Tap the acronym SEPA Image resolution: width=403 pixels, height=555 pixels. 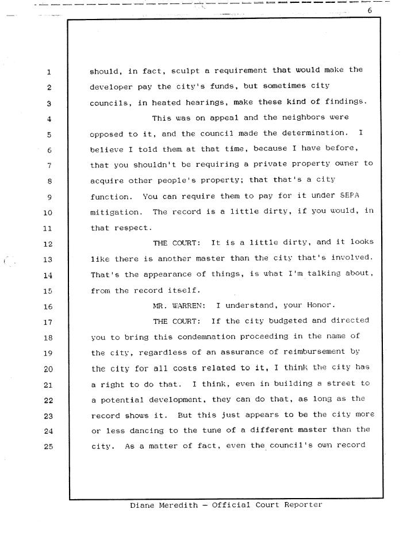point(349,196)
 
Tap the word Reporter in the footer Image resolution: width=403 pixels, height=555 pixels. point(302,505)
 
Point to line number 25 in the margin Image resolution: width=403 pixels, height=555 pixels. point(49,446)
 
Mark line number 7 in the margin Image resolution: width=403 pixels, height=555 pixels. point(49,166)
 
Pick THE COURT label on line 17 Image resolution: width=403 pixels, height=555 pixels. point(176,320)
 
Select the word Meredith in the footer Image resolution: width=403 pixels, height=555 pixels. point(182,505)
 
